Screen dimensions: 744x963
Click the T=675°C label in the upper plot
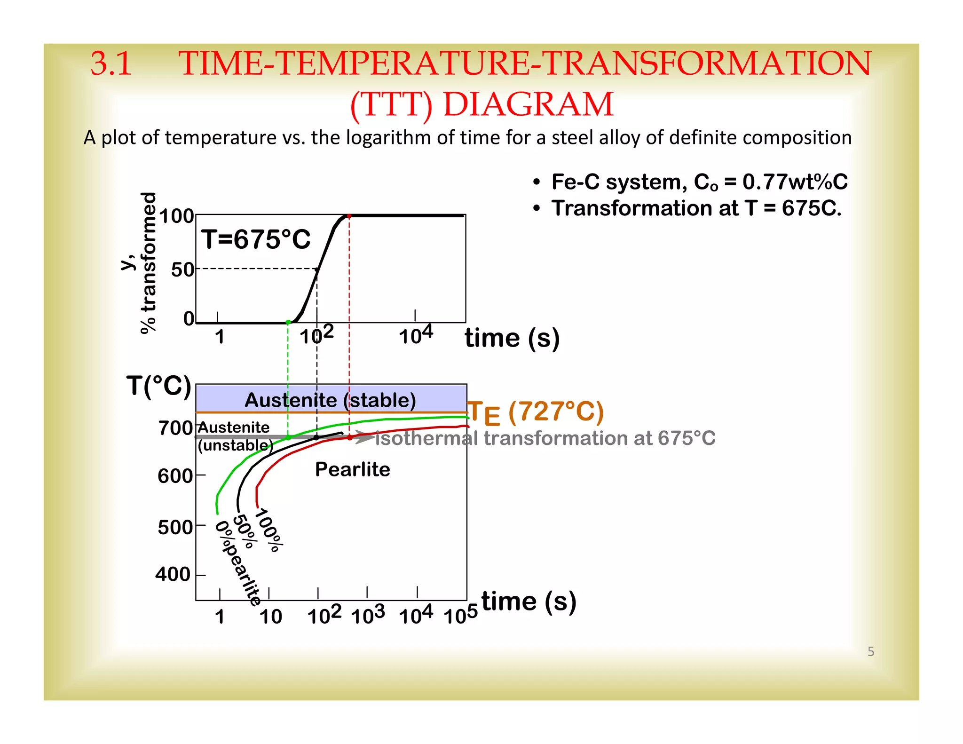coord(256,239)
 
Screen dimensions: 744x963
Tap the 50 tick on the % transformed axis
coord(182,270)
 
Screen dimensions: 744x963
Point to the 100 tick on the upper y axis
coord(177,216)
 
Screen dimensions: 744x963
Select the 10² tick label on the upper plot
coord(316,334)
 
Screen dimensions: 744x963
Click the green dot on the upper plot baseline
coord(288,322)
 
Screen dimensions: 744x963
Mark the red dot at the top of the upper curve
coord(349,216)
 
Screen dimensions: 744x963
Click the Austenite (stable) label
coord(330,400)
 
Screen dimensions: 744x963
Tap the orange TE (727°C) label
coord(536,412)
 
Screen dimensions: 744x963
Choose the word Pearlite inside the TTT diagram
coord(353,469)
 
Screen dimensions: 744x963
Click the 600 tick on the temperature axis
coord(175,476)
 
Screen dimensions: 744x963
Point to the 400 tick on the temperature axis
coord(173,574)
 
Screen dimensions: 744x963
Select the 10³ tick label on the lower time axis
coord(368,614)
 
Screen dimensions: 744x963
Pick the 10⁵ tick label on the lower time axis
coord(461,614)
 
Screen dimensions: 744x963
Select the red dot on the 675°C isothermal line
coord(349,437)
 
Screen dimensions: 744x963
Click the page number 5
coord(871,651)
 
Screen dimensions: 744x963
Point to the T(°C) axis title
coord(159,386)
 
